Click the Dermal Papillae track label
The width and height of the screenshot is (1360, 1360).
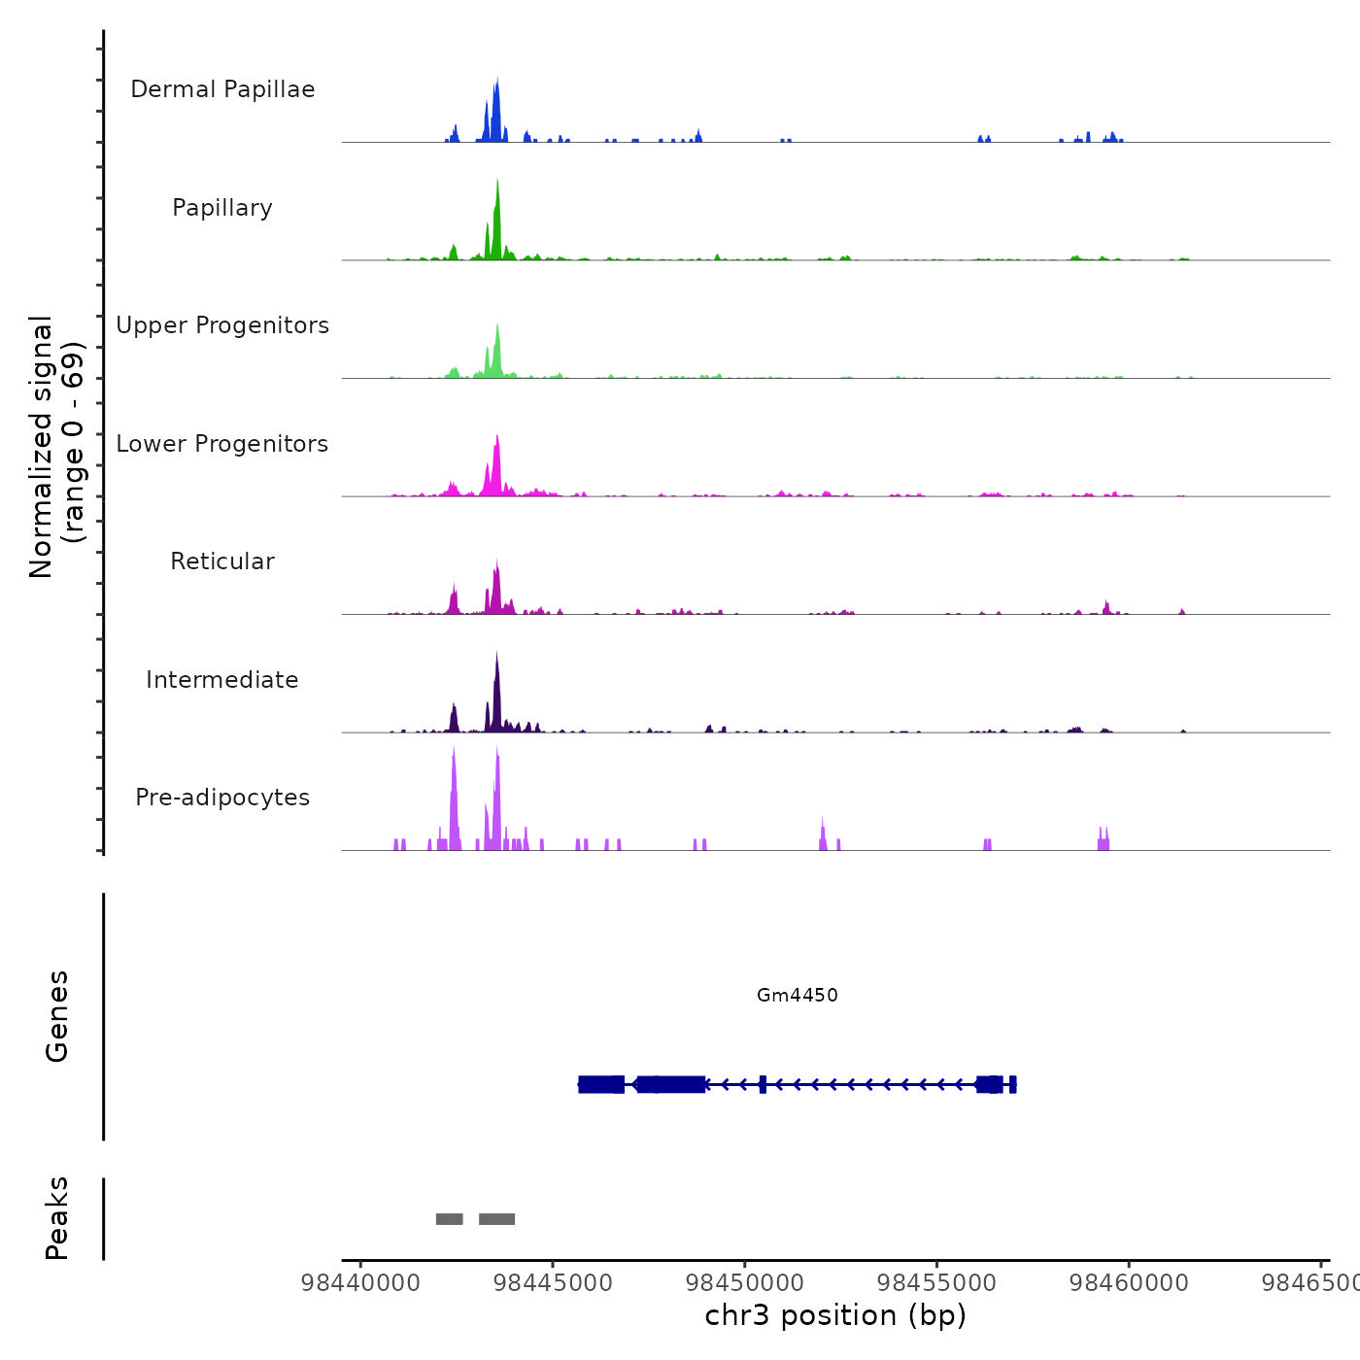click(222, 89)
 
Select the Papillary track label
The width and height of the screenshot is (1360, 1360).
click(222, 208)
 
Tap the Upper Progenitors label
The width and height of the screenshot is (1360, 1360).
click(222, 325)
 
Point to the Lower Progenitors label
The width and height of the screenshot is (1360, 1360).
click(222, 444)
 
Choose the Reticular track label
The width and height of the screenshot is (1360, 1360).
click(222, 561)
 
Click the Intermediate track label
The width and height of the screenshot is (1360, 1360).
click(222, 680)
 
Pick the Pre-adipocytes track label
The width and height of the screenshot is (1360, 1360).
click(222, 798)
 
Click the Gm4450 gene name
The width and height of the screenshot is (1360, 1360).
click(797, 995)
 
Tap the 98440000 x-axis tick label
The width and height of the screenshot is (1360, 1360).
click(360, 1283)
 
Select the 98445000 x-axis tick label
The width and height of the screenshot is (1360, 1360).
click(553, 1283)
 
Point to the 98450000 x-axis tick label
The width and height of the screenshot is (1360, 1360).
click(745, 1283)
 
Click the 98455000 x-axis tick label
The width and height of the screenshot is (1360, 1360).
click(936, 1283)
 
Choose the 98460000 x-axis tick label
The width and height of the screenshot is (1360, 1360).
click(1129, 1283)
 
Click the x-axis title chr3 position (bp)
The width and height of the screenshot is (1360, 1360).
click(835, 1315)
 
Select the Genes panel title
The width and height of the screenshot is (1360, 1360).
click(57, 1016)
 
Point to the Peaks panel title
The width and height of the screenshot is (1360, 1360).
click(57, 1218)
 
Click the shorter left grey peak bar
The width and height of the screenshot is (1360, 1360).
click(449, 1219)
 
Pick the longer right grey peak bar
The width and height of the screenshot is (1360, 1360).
click(496, 1219)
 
